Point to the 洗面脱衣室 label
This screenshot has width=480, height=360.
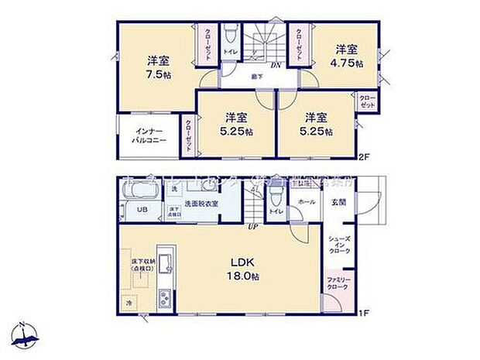200,203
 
